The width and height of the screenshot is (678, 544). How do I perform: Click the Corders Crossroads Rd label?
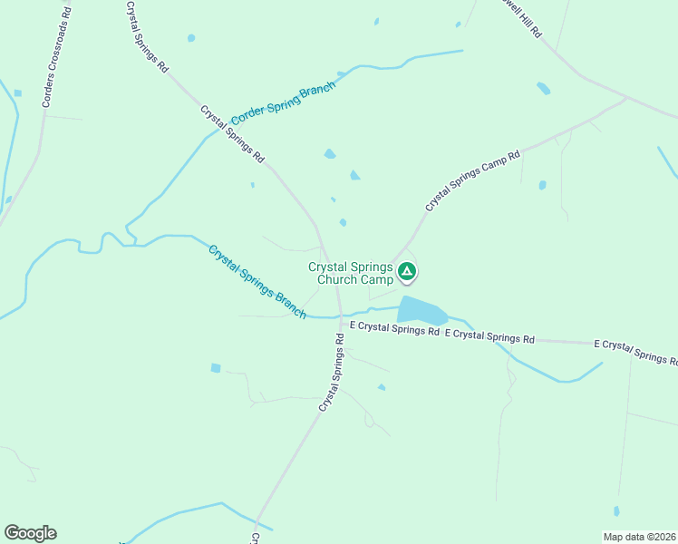[55, 53]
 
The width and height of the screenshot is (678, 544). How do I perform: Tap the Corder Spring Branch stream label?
[283, 104]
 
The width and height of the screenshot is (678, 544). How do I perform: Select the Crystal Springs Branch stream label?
[257, 282]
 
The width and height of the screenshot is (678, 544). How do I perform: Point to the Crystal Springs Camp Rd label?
[473, 180]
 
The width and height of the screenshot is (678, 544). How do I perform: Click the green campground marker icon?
[408, 270]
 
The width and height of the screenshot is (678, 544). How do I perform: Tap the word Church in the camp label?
[339, 280]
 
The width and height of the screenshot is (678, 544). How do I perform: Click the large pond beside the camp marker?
[421, 310]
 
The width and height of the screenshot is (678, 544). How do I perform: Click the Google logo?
[30, 533]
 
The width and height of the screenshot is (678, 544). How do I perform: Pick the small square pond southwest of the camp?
[216, 368]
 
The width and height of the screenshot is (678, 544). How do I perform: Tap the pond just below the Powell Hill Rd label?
[543, 88]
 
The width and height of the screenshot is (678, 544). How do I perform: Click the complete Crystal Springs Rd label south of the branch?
[331, 374]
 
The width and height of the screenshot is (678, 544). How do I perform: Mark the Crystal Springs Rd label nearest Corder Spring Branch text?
[232, 134]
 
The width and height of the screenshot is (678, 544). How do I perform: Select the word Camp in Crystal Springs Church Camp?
[378, 280]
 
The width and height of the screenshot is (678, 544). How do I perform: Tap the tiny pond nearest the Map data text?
[616, 511]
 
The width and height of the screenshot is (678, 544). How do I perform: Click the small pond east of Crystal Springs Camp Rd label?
[542, 185]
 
